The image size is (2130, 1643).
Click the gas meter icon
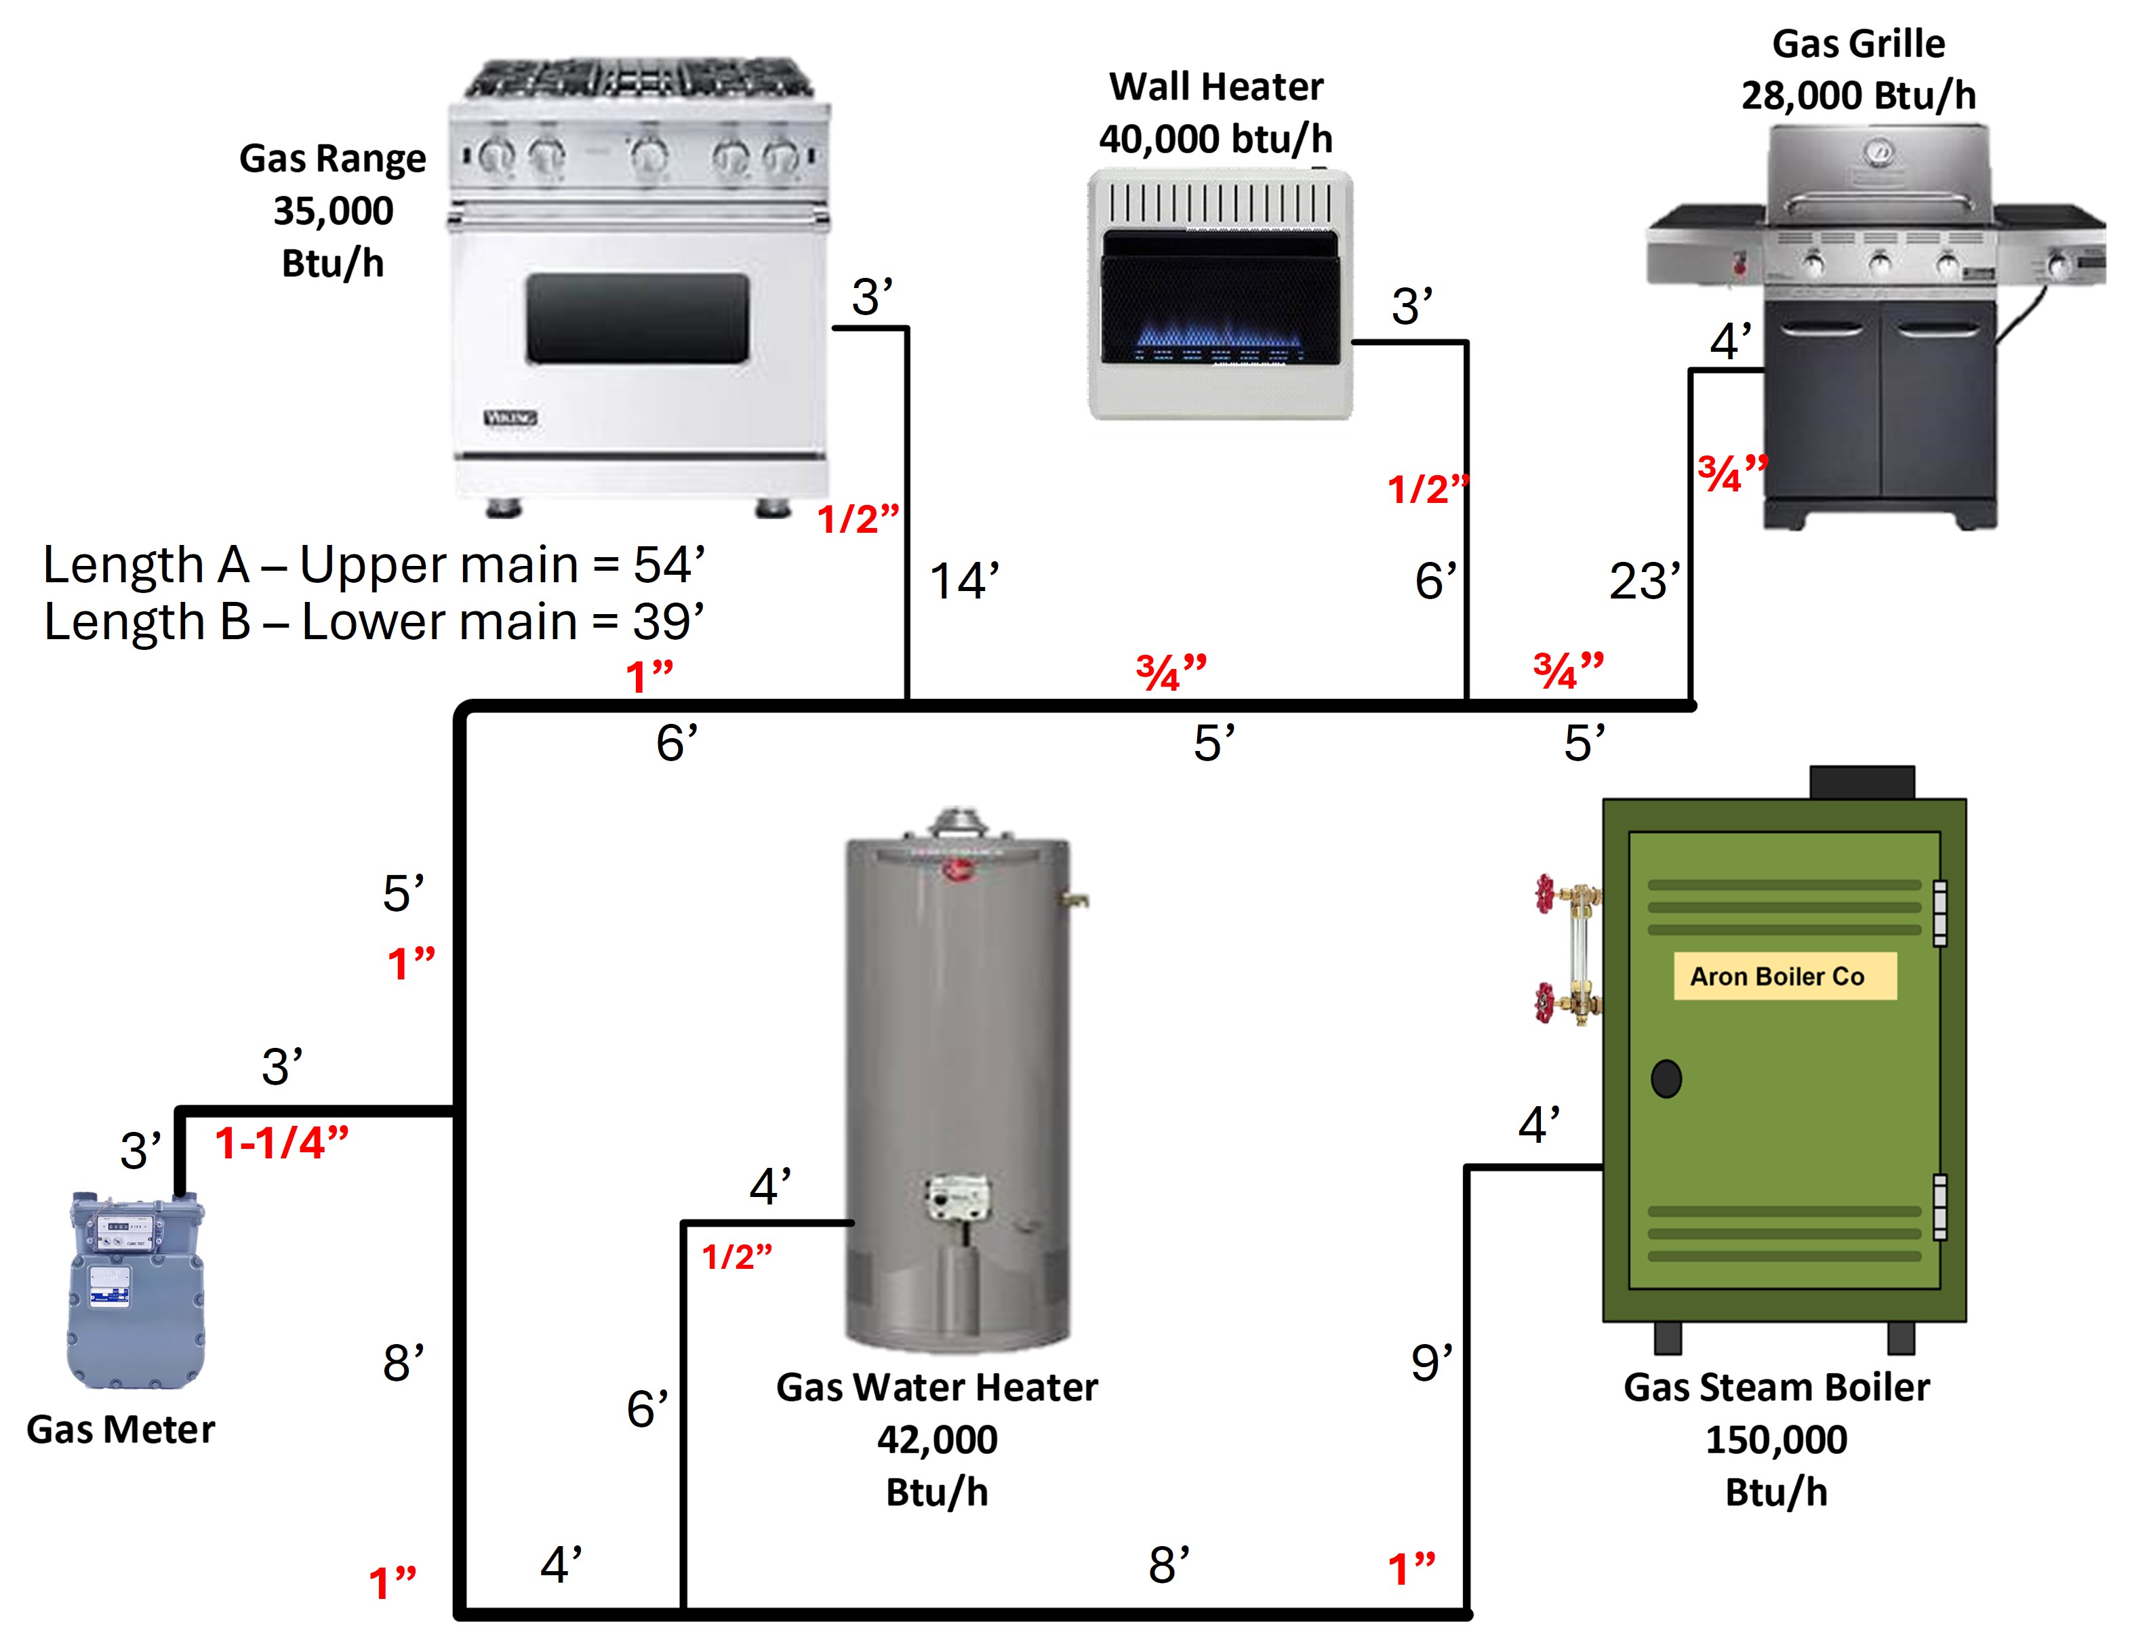pyautogui.click(x=136, y=1290)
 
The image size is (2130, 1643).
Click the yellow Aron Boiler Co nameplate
pyautogui.click(x=1785, y=976)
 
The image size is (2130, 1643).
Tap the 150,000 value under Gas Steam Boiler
pyautogui.click(x=1776, y=1439)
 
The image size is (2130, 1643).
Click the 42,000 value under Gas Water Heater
pyautogui.click(x=938, y=1439)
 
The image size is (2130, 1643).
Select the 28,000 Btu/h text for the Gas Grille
pyautogui.click(x=1859, y=96)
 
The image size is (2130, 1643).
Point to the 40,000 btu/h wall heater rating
pyautogui.click(x=1215, y=138)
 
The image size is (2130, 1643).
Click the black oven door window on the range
pyautogui.click(x=638, y=319)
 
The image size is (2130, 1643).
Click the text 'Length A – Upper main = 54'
pyautogui.click(x=374, y=565)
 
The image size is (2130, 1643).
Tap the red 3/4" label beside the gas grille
pyautogui.click(x=1732, y=474)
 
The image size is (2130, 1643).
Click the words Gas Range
pyautogui.click(x=333, y=158)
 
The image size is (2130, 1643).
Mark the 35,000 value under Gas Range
pyautogui.click(x=334, y=211)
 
